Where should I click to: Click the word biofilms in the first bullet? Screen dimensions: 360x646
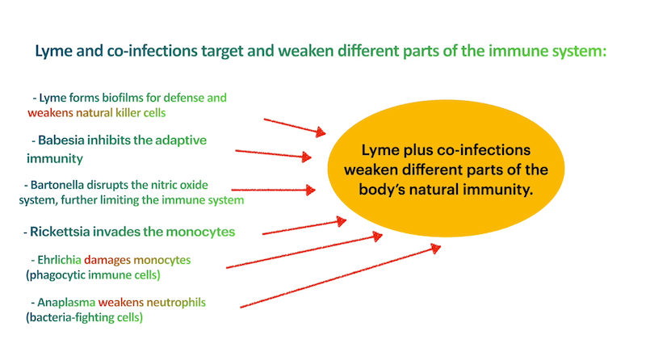tap(124, 98)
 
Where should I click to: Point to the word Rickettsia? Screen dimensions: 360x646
tap(65, 232)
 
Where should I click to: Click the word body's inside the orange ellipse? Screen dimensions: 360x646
tap(388, 188)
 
